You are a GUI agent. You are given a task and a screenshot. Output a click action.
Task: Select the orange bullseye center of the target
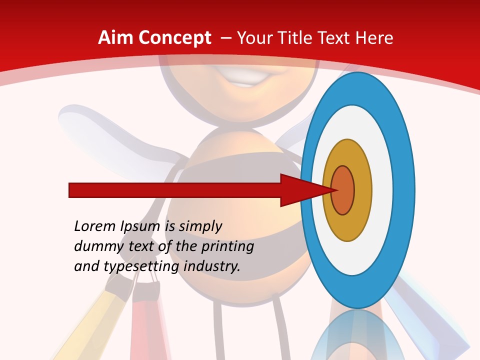[343, 190]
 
